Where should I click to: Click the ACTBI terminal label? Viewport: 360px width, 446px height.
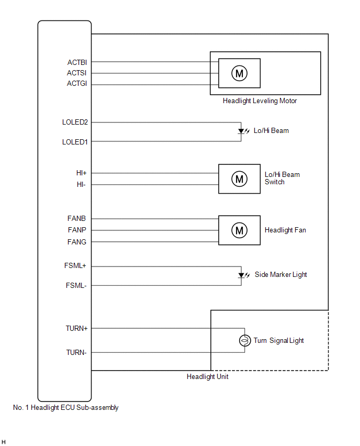(76, 62)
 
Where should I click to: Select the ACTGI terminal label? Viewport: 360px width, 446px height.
(76, 84)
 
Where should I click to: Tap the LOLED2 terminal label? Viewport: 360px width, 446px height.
(75, 122)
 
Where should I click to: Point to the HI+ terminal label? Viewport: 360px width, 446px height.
(81, 173)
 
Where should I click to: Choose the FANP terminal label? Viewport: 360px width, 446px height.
(77, 230)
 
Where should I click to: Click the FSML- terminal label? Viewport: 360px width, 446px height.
(76, 286)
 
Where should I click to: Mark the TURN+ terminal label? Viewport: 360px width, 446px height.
(76, 329)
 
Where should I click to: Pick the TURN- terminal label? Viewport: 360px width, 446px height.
(76, 352)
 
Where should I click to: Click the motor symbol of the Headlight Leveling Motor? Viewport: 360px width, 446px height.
(239, 73)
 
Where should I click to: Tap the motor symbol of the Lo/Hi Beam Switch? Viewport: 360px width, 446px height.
(239, 179)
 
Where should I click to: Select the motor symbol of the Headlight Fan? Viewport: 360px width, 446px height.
(239, 230)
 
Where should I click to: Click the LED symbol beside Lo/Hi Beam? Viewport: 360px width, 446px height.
(242, 131)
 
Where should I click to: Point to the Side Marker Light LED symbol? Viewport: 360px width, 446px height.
(242, 275)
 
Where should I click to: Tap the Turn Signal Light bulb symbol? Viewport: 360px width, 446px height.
(244, 341)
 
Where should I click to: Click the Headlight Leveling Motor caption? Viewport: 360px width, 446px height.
(260, 101)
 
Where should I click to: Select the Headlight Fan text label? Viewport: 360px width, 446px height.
(285, 230)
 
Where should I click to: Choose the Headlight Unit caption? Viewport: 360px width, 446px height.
(208, 376)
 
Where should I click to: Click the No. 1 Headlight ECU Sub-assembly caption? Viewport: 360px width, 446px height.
(65, 408)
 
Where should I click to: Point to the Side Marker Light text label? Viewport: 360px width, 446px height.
(281, 275)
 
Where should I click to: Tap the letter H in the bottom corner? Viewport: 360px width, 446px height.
(4, 442)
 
